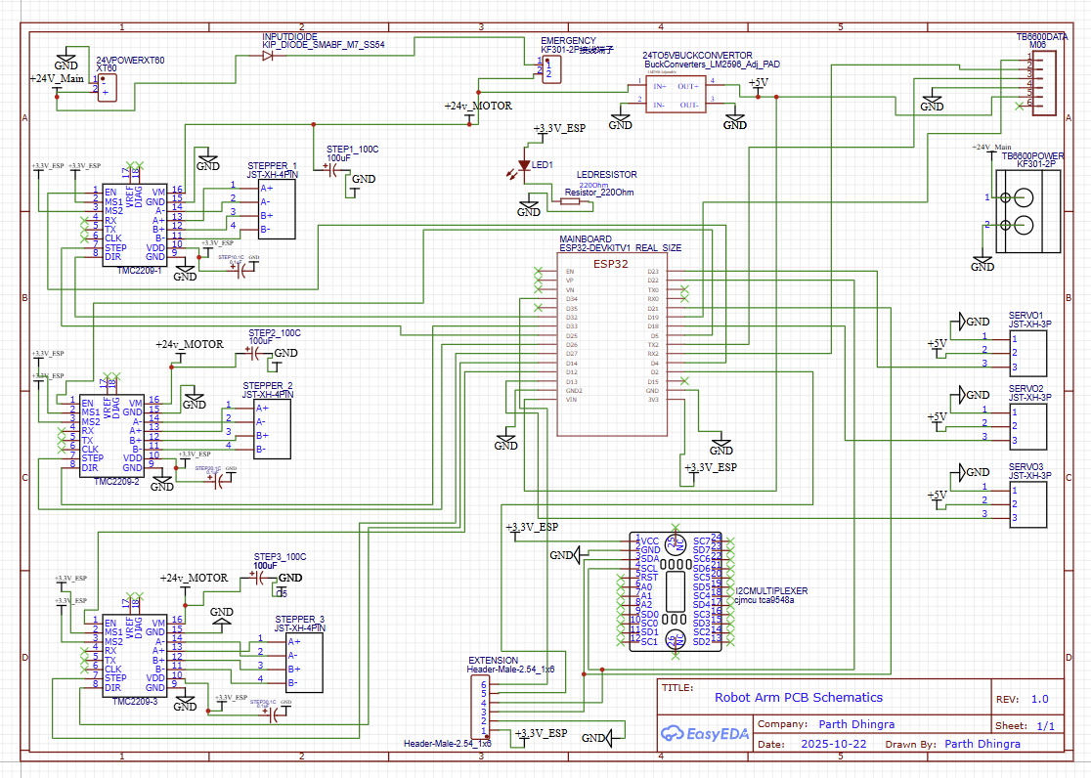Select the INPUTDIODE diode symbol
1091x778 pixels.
pyautogui.click(x=267, y=56)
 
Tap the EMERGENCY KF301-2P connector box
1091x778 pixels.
pyautogui.click(x=553, y=68)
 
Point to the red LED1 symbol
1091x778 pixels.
pyautogui.click(x=524, y=166)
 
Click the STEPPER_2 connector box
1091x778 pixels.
pyautogui.click(x=273, y=427)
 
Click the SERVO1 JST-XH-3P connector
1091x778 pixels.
pyautogui.click(x=1026, y=352)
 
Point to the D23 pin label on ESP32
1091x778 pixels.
pyautogui.click(x=654, y=272)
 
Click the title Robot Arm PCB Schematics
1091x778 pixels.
pyautogui.click(x=799, y=697)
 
